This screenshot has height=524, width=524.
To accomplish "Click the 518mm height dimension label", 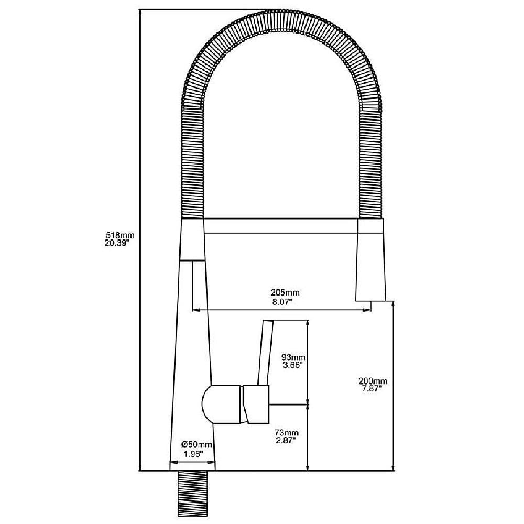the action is (119, 235).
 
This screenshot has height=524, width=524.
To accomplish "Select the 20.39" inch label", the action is (117, 243).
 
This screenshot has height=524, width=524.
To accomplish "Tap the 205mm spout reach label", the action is (285, 293).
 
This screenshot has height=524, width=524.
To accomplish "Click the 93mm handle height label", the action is (294, 358).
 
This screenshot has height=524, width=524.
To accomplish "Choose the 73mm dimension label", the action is (287, 433).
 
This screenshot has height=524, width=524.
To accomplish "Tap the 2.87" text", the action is (286, 441).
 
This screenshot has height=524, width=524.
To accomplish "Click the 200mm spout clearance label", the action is (373, 381).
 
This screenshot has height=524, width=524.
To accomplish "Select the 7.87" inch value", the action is (372, 388).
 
